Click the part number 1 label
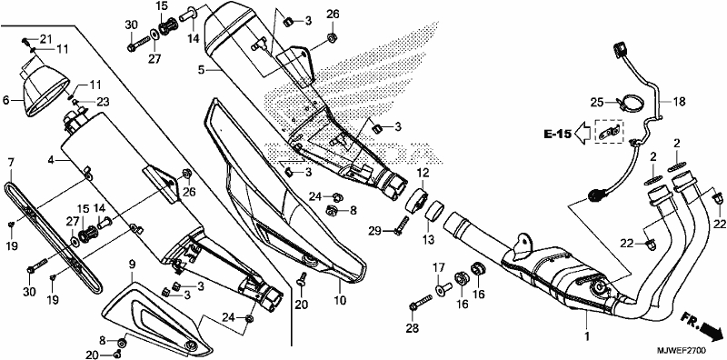(586, 335)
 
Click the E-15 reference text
(558, 135)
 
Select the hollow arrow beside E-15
(583, 134)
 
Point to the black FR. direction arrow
(710, 330)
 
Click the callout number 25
(597, 102)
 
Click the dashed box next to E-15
(609, 132)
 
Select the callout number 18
(679, 102)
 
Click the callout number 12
(423, 173)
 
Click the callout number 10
(340, 301)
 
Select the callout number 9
(132, 265)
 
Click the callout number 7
(11, 163)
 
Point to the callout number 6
(6, 98)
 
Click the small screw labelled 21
(25, 41)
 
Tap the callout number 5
(200, 70)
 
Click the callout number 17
(439, 267)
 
